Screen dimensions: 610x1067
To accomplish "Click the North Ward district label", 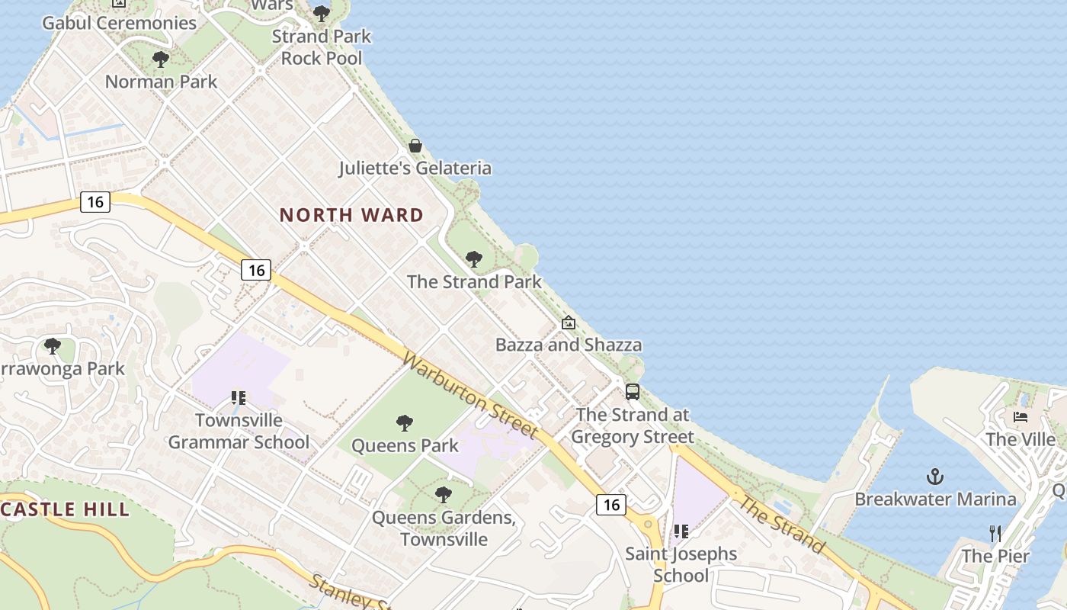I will tap(351, 215).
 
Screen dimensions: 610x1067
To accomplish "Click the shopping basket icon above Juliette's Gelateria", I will tap(415, 146).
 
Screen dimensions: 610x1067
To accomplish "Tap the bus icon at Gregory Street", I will tap(633, 392).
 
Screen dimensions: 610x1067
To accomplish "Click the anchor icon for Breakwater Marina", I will tap(935, 477).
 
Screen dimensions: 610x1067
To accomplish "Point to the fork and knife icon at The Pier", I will tap(995, 534).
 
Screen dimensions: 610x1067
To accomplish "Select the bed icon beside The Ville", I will tap(1021, 417).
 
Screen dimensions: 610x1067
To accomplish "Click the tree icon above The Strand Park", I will tap(474, 259).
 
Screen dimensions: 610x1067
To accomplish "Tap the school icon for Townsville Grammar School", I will tap(239, 398).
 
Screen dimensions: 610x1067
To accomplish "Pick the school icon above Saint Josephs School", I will tap(681, 531).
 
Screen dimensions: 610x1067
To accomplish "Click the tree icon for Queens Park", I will tap(405, 423).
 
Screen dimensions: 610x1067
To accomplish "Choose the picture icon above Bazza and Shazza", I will tap(568, 323).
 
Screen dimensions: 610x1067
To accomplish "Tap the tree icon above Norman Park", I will tap(161, 59).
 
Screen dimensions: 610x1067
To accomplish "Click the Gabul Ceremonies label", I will tap(120, 23).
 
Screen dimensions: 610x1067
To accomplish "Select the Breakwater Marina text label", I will tap(935, 499).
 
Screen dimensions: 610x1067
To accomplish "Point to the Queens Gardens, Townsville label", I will tap(444, 528).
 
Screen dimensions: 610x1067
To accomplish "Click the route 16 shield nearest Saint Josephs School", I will tap(611, 504).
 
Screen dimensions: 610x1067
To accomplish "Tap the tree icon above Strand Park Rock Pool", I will tap(322, 14).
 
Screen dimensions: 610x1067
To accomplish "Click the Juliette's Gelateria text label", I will tap(415, 168).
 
